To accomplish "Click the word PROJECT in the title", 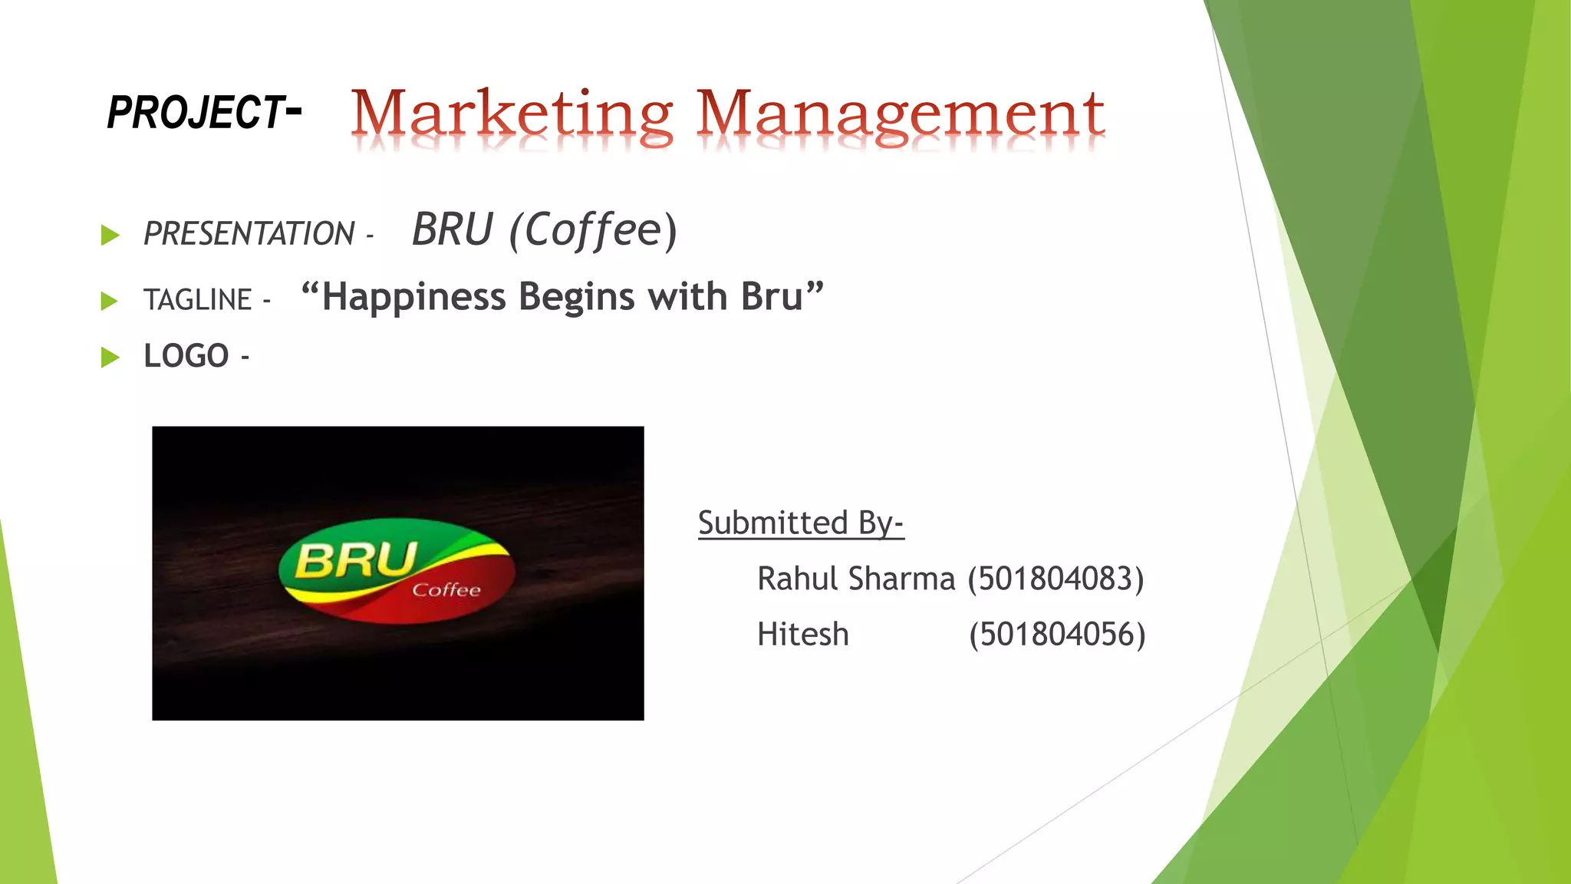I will (x=196, y=112).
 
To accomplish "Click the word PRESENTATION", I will (x=249, y=233).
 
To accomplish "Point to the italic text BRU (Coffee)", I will (x=545, y=229).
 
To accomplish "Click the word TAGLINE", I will (x=197, y=299).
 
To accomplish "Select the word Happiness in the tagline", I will (x=413, y=297).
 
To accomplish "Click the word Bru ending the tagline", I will (x=771, y=297).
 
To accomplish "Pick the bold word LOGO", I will (x=186, y=356).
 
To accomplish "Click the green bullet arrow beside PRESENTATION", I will (x=110, y=235).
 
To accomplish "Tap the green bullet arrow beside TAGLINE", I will (x=110, y=301).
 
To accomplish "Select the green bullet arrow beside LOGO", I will (x=110, y=357).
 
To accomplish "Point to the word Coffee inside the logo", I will (x=446, y=589).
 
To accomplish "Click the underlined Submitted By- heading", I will (x=800, y=523).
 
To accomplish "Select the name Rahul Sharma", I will (x=855, y=579).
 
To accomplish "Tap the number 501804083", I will (x=1056, y=579).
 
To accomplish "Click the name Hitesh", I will (x=802, y=635).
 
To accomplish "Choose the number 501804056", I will (x=1056, y=635).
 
